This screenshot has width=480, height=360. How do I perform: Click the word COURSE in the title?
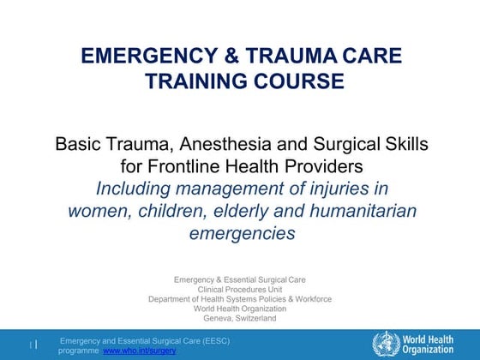pyautogui.click(x=288, y=81)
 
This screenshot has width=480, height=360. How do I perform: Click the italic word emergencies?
pyautogui.click(x=240, y=232)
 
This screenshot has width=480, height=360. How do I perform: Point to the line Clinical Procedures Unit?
pyautogui.click(x=240, y=290)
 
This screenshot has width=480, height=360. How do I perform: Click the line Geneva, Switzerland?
pyautogui.click(x=240, y=318)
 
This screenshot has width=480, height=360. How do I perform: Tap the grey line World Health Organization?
pyautogui.click(x=240, y=309)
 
